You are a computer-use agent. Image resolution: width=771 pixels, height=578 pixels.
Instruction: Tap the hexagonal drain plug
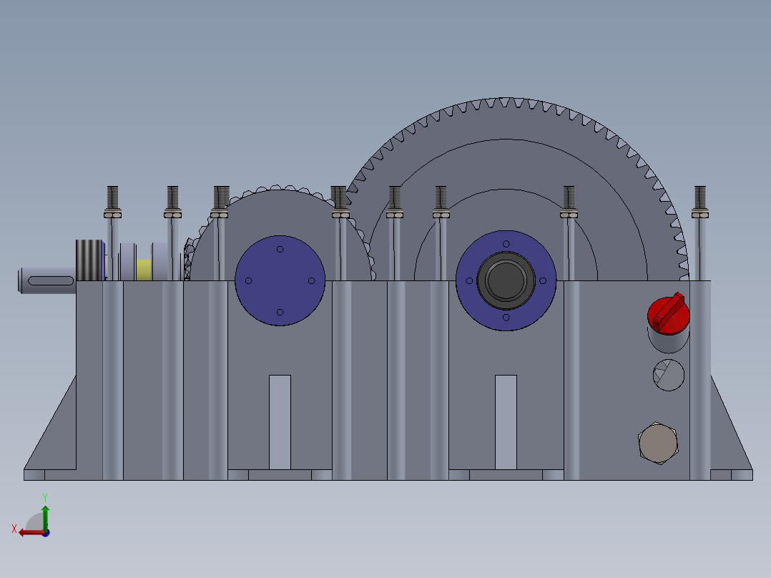point(657,444)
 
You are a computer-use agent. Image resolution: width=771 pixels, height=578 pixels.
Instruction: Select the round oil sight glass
point(669,375)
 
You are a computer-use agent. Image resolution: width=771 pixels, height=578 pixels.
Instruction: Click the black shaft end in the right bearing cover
point(506,280)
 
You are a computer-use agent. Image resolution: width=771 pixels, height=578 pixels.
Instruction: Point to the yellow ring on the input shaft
point(144,270)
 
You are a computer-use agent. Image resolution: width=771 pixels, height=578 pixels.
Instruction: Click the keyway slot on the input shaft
point(51,281)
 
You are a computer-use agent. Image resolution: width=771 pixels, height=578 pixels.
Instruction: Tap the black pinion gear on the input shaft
point(89,260)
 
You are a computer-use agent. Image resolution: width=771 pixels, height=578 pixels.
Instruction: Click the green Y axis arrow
point(45,509)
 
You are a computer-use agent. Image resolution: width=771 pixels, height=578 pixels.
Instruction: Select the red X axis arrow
point(29,532)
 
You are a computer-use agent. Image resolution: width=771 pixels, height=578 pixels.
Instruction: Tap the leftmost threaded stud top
point(112,195)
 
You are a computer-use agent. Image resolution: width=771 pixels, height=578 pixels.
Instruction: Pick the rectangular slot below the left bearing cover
point(280,421)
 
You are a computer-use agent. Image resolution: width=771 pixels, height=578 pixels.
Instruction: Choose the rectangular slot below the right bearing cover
point(506,421)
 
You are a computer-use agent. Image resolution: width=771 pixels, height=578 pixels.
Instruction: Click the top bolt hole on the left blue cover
point(280,249)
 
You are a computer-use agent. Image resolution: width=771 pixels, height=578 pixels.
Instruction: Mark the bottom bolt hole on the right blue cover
point(506,317)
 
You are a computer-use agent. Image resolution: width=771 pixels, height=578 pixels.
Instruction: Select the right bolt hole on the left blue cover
point(311,280)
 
